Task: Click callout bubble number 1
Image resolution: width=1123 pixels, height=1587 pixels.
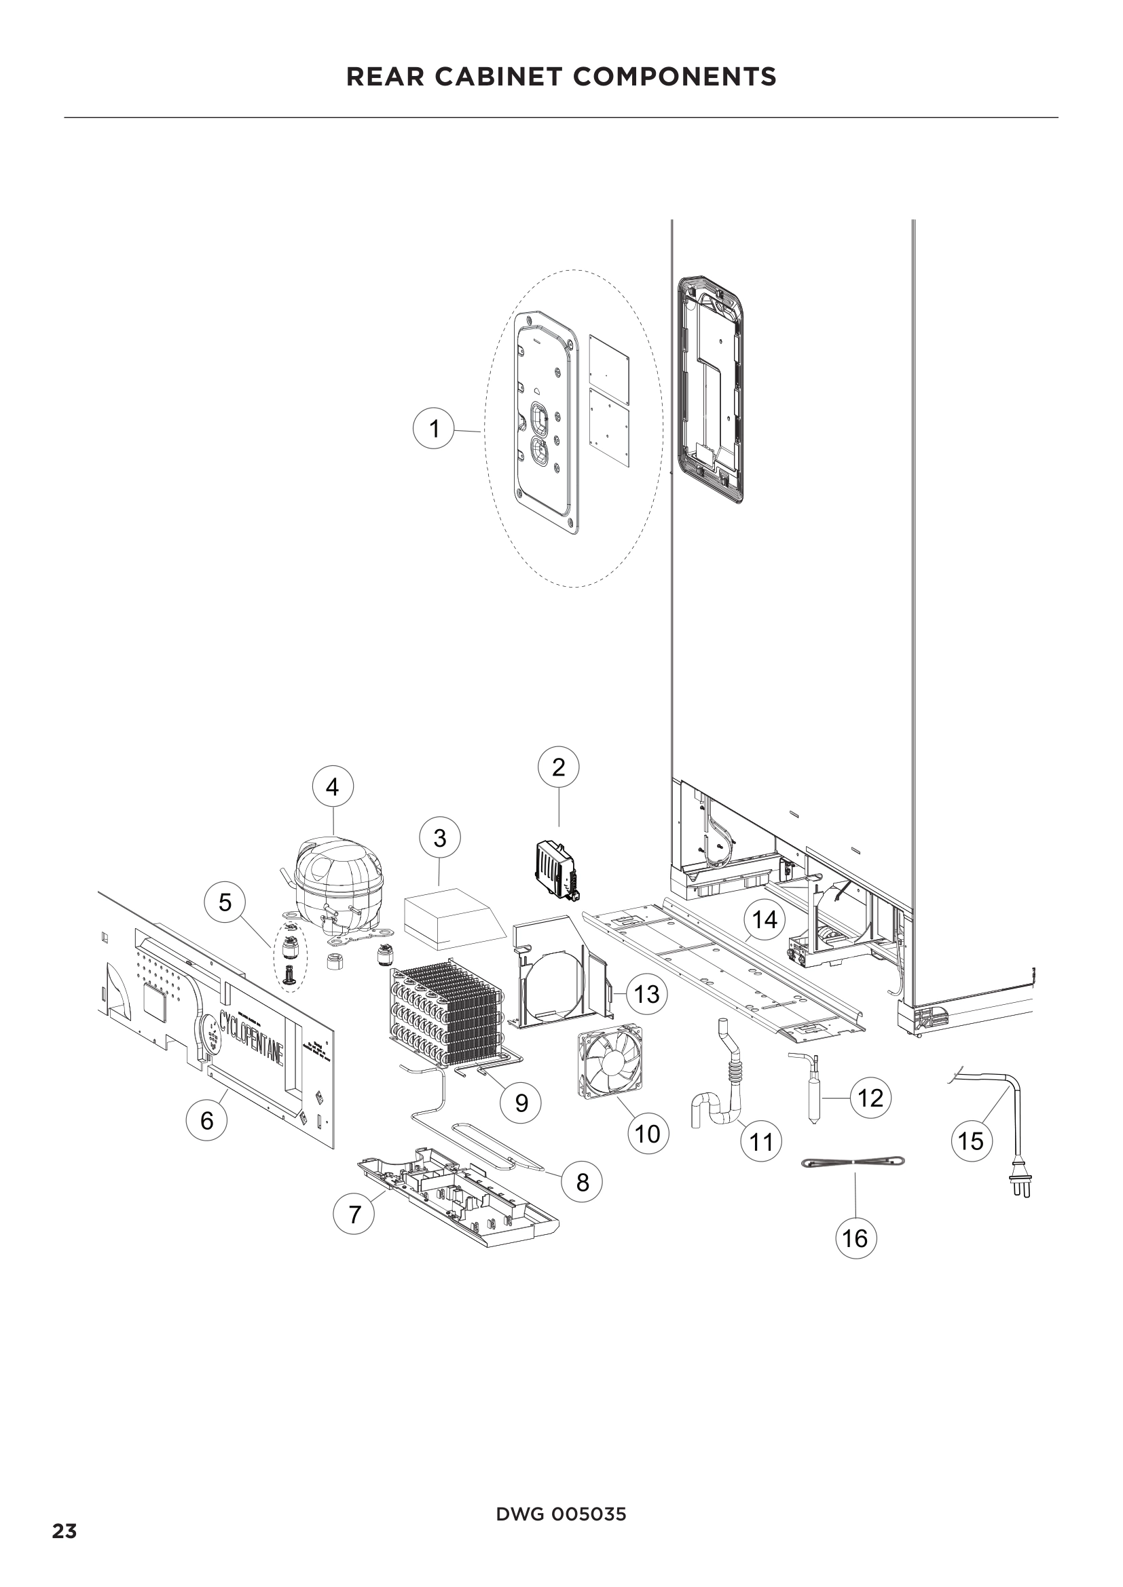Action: (434, 429)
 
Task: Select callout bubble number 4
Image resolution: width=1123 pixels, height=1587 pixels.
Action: (333, 786)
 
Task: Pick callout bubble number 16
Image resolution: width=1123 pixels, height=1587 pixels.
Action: (856, 1238)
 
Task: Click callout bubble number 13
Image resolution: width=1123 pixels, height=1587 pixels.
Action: (646, 994)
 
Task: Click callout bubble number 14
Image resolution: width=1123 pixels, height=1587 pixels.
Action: (765, 920)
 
